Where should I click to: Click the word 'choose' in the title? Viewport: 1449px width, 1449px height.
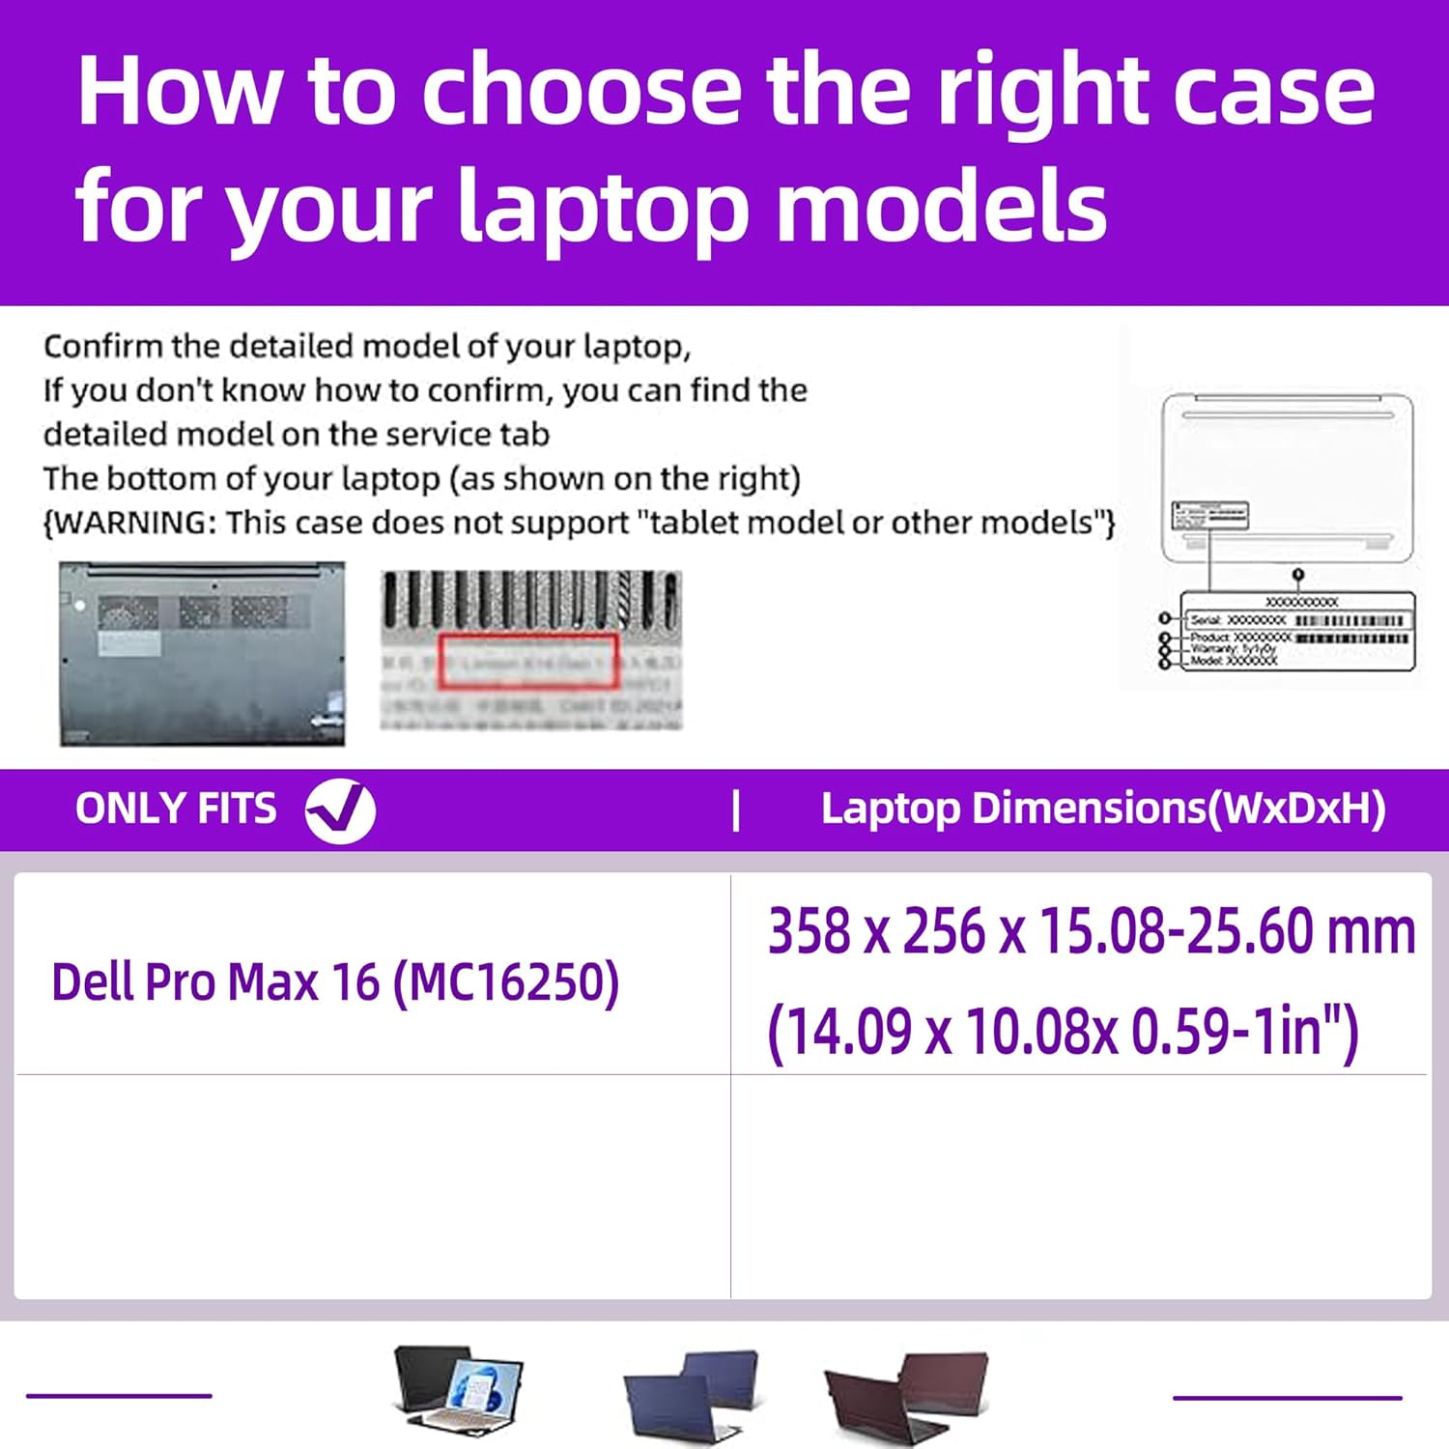pyautogui.click(x=582, y=91)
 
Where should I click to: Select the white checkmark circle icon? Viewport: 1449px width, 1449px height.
pyautogui.click(x=340, y=810)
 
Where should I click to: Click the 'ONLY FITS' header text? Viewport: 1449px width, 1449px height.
pyautogui.click(x=176, y=809)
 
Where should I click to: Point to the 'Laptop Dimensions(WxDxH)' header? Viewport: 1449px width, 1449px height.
pyautogui.click(x=1102, y=809)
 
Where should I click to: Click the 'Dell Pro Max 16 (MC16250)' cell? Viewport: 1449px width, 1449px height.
pyautogui.click(x=335, y=982)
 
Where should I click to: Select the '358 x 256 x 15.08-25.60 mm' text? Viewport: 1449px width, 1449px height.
pyautogui.click(x=1091, y=931)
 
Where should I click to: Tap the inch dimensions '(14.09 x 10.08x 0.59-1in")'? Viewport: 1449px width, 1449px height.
pyautogui.click(x=1063, y=1031)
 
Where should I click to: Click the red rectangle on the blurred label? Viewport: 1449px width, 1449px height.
pyautogui.click(x=528, y=661)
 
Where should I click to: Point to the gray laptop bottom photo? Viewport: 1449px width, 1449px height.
pyautogui.click(x=202, y=654)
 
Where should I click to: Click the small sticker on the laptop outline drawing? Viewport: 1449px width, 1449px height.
pyautogui.click(x=1209, y=515)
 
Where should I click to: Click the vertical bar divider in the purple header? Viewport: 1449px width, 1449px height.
pyautogui.click(x=736, y=810)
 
